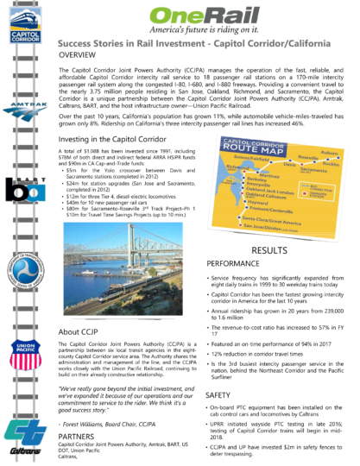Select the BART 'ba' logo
tap(23, 191)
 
